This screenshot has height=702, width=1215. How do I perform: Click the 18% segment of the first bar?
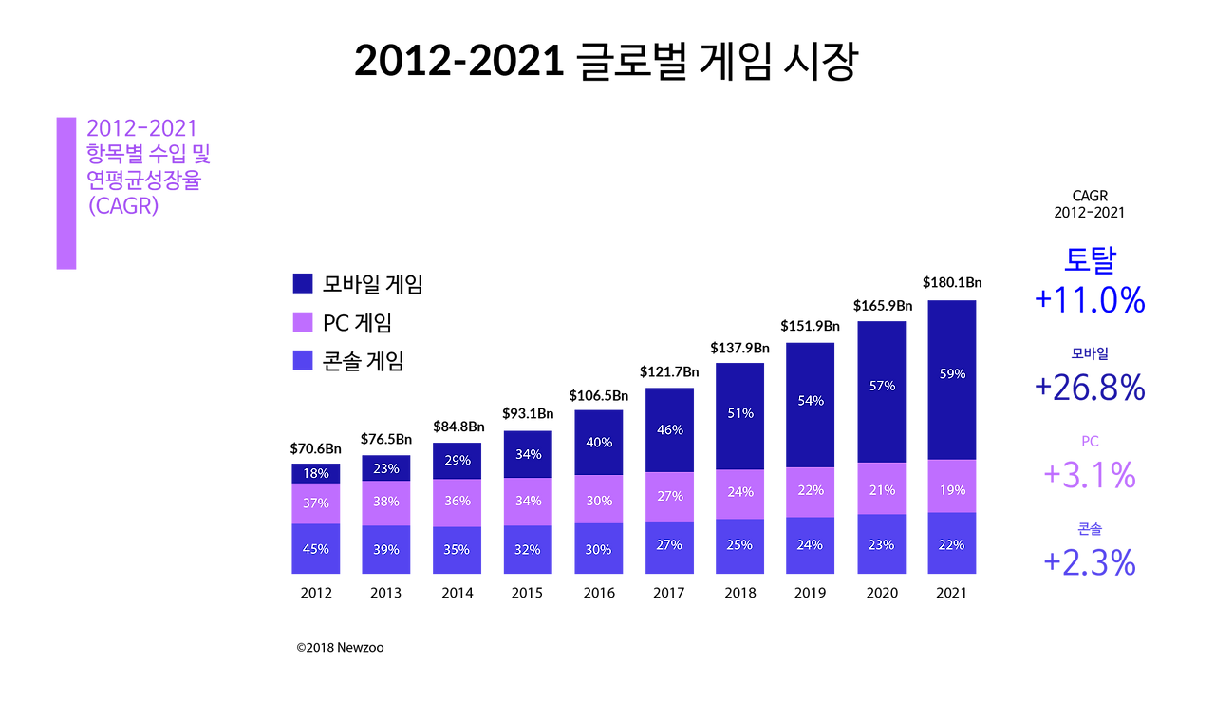(x=316, y=472)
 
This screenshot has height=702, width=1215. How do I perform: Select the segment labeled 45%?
(x=316, y=549)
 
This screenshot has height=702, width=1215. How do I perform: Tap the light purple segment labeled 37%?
(x=316, y=503)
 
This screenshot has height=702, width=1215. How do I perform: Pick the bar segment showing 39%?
(x=386, y=550)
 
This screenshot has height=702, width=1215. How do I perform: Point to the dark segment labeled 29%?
(x=457, y=460)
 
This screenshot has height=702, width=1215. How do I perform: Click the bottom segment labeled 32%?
(x=528, y=550)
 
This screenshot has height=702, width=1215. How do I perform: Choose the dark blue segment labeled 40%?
(x=599, y=442)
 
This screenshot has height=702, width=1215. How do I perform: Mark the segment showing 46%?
(x=669, y=429)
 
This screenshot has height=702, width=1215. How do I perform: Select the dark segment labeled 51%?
(x=740, y=414)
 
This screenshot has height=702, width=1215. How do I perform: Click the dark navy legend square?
(x=303, y=283)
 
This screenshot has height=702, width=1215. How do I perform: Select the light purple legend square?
(x=303, y=322)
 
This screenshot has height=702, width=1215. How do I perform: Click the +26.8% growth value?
(x=1090, y=388)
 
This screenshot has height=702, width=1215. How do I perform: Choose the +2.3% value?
(x=1090, y=563)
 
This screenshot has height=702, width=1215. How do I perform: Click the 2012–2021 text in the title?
(x=140, y=129)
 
